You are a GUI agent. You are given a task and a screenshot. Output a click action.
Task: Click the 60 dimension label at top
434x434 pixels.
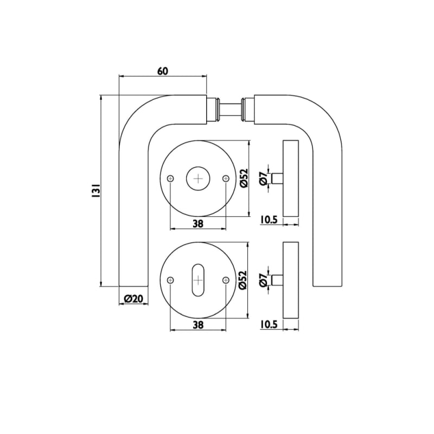point(163,71)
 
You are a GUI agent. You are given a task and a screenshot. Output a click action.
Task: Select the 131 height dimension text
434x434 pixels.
point(95,190)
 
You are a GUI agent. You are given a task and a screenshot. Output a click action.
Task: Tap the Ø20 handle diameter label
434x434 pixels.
point(133,299)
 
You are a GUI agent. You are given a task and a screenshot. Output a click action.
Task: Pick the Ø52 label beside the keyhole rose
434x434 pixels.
point(242,280)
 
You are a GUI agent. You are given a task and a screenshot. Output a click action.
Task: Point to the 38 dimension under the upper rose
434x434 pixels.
point(198,224)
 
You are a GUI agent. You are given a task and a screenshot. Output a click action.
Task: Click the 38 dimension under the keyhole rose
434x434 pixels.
point(198,325)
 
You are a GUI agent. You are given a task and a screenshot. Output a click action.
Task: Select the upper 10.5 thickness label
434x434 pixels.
point(269,220)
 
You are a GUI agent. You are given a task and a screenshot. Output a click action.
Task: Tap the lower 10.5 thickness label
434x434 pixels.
point(269,324)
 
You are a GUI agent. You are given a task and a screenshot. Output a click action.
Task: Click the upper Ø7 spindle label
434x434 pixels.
point(263,178)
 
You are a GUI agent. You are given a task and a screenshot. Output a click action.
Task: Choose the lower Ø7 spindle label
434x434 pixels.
point(263,280)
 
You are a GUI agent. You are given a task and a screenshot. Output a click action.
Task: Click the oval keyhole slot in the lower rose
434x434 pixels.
point(198,280)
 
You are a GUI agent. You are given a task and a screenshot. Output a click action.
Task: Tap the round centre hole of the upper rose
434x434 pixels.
point(198,178)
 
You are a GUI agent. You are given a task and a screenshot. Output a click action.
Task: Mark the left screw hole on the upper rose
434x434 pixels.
point(170,179)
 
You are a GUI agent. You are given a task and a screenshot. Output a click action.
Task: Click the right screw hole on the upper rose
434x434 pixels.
point(226,179)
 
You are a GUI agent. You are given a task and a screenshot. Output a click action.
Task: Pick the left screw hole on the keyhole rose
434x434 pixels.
point(170,280)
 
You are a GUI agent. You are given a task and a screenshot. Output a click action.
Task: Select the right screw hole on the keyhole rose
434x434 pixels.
point(226,280)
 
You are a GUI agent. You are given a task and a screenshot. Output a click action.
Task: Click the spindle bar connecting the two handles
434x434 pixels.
point(231,109)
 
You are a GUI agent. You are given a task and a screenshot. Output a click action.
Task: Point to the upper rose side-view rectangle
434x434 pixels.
point(291,178)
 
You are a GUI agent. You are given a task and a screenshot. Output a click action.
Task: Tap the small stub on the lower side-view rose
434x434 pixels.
point(277,280)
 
